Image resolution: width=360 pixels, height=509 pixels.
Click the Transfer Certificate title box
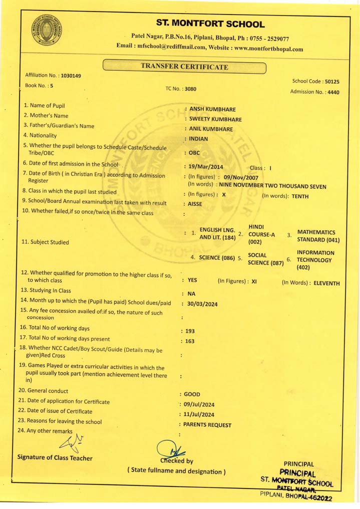coord(184,67)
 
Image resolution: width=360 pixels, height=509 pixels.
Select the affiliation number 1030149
coord(70,76)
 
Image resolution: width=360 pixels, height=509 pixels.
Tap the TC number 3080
coord(190,89)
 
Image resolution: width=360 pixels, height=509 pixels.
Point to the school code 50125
coord(331,81)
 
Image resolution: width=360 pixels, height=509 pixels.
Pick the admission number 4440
coord(333,92)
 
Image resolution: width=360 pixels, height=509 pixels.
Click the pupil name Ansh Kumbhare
coord(212,109)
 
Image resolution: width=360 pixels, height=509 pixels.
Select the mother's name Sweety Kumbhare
coord(215,119)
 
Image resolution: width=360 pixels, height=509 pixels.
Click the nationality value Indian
coord(199,139)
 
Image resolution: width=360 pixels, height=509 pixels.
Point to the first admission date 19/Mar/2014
coord(206,167)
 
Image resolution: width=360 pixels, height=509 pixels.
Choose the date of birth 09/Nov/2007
coord(241,177)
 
